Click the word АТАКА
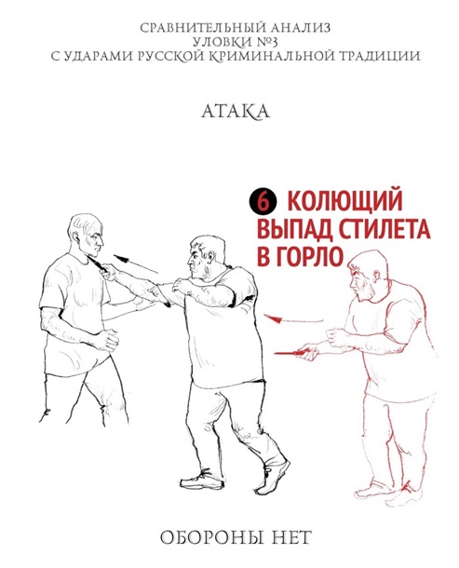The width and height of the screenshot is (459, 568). pyautogui.click(x=236, y=112)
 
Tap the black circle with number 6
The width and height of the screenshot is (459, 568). pyautogui.click(x=263, y=202)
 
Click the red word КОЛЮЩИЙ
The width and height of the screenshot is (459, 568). pyautogui.click(x=344, y=201)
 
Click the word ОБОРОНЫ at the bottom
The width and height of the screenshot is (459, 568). pyautogui.click(x=209, y=538)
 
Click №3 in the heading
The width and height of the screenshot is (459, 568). pyautogui.click(x=267, y=43)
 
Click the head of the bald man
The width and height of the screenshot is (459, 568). pyautogui.click(x=87, y=235)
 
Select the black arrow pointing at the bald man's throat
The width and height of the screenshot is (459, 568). pyautogui.click(x=136, y=264)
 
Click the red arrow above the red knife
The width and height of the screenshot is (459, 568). pyautogui.click(x=293, y=319)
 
